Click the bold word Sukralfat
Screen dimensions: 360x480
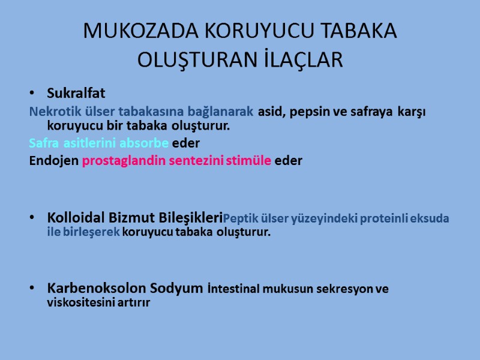click(x=76, y=94)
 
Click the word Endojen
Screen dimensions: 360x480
click(x=53, y=161)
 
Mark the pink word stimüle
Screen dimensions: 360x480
click(x=248, y=161)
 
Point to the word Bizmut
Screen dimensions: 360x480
click(x=131, y=217)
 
